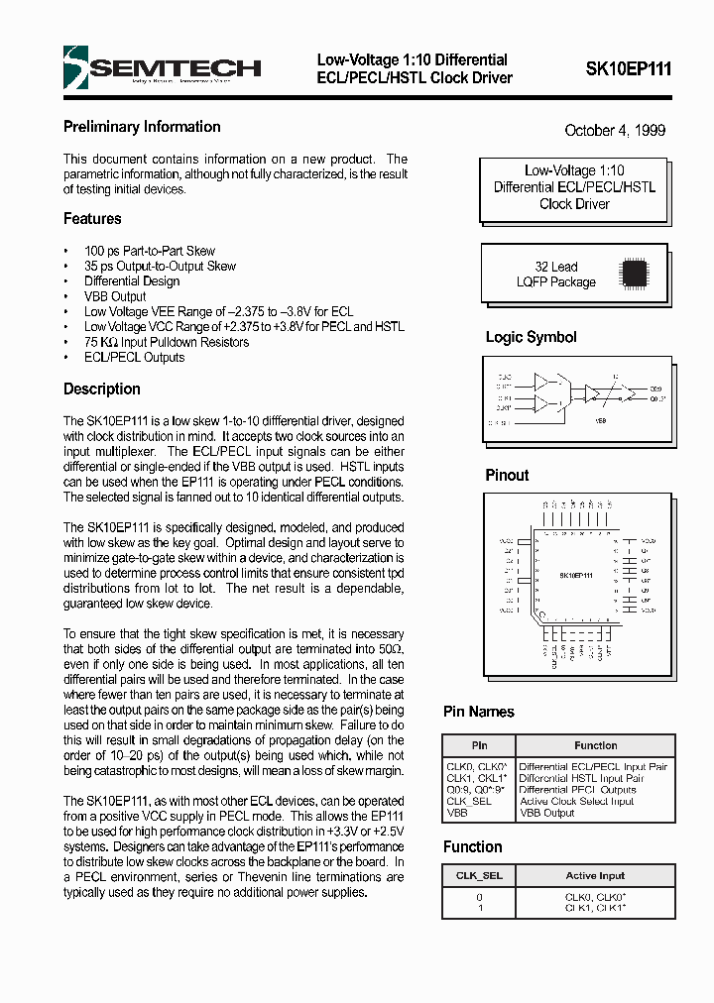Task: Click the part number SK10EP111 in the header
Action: pyautogui.click(x=628, y=69)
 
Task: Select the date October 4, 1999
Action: pyautogui.click(x=615, y=131)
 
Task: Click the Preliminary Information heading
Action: pyautogui.click(x=142, y=127)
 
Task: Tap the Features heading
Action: pyautogui.click(x=92, y=219)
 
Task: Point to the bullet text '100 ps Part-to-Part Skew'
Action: pyautogui.click(x=149, y=252)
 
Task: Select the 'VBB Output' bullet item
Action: pyautogui.click(x=115, y=296)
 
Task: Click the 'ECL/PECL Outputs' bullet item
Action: pyautogui.click(x=134, y=357)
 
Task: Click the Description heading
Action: pyautogui.click(x=102, y=390)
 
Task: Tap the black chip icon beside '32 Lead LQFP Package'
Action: pyautogui.click(x=634, y=274)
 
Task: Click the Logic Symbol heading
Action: pyautogui.click(x=531, y=338)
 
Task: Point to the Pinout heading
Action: pyautogui.click(x=507, y=476)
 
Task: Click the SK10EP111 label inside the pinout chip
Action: pyautogui.click(x=575, y=576)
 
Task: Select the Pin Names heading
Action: pyautogui.click(x=478, y=712)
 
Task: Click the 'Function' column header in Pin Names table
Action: pyautogui.click(x=595, y=745)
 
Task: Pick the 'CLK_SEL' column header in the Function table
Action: pyautogui.click(x=479, y=875)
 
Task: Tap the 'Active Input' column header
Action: pyautogui.click(x=595, y=875)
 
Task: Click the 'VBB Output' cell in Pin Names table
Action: pyautogui.click(x=546, y=813)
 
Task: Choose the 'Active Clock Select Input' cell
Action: pyautogui.click(x=576, y=802)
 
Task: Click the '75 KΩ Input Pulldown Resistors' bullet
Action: pyautogui.click(x=167, y=342)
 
